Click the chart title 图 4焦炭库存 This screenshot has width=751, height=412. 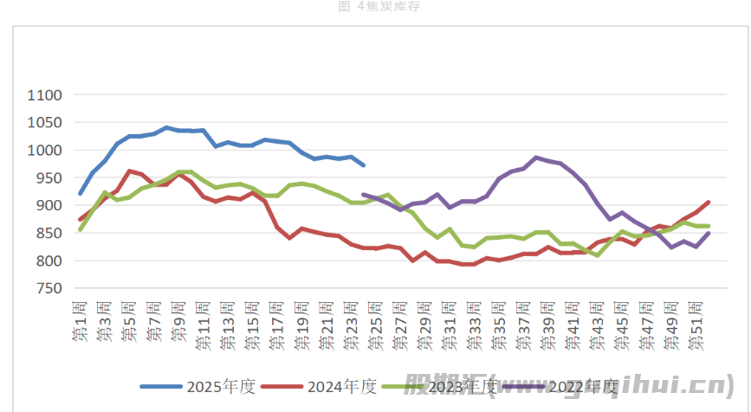[x=374, y=8]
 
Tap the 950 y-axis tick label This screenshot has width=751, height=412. [x=50, y=178]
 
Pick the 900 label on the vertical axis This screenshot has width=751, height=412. [x=50, y=206]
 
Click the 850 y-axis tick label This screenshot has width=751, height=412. [x=50, y=234]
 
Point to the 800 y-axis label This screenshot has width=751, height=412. [x=50, y=261]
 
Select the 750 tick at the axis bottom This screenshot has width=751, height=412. [x=50, y=289]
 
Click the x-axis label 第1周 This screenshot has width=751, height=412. [x=80, y=321]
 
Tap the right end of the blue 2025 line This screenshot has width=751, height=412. [x=364, y=164]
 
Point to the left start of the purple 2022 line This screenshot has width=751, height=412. [x=363, y=195]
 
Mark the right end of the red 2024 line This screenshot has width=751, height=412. [x=709, y=202]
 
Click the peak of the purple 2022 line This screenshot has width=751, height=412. [x=537, y=158]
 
